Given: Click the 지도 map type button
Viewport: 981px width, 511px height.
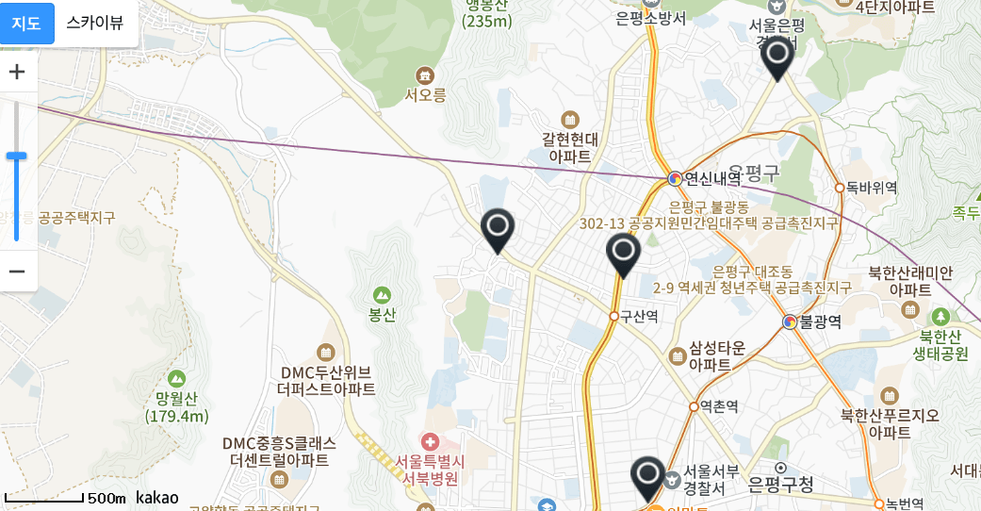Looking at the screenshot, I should [x=26, y=24].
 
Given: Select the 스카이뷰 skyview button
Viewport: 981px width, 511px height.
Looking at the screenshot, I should [x=94, y=24].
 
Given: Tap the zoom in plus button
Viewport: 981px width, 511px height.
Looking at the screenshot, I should [x=17, y=72].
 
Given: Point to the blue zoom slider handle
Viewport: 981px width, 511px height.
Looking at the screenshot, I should [x=17, y=156].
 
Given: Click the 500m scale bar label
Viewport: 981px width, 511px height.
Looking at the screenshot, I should [x=106, y=498].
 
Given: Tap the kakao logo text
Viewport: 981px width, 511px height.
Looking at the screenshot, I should [x=157, y=497].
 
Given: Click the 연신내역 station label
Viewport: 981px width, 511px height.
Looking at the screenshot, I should [x=711, y=177].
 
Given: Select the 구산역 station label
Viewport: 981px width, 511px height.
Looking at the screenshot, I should [x=638, y=317].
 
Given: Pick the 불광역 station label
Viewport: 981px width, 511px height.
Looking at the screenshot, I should [x=819, y=322].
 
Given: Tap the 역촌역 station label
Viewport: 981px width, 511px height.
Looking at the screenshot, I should [x=719, y=406].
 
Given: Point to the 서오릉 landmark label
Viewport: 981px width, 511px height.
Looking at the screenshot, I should [x=425, y=94].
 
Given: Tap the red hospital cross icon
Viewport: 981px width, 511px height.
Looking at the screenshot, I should [x=430, y=442].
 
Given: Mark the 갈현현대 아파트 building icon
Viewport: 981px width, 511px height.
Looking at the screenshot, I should [x=569, y=120].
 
